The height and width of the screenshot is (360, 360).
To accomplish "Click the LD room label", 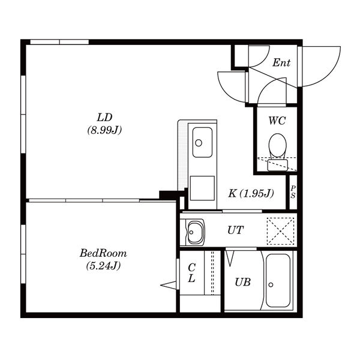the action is tap(104, 118).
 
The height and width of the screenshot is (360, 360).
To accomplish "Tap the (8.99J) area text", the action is tap(104, 130).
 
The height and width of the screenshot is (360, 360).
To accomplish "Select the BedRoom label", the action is tap(103, 253).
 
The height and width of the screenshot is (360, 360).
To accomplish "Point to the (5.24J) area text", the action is tap(103, 266).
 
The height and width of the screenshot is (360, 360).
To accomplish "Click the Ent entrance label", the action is tap(281, 62).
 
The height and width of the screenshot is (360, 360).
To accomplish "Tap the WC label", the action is tap(277, 121).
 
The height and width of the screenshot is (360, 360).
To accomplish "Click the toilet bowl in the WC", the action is tap(278, 146).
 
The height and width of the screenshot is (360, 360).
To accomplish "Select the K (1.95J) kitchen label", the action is tap(251, 194).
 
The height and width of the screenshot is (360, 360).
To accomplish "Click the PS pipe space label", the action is tap(293, 192).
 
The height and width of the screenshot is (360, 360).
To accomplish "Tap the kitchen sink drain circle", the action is tap(199, 143).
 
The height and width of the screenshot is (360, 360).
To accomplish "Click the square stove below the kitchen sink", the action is tap(202, 188).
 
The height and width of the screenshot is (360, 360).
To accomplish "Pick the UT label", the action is tap(235, 230).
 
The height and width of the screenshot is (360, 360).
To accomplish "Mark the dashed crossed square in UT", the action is tap(280, 231).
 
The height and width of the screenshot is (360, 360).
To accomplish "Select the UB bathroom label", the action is tap(242, 282).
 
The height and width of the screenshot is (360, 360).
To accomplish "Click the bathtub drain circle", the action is tap(271, 284).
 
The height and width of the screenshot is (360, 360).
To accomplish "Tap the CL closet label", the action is tap(191, 273).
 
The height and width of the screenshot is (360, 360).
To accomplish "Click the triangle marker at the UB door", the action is tap(230, 258).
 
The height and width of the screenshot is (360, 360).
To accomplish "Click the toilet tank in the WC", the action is tap(278, 165).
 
